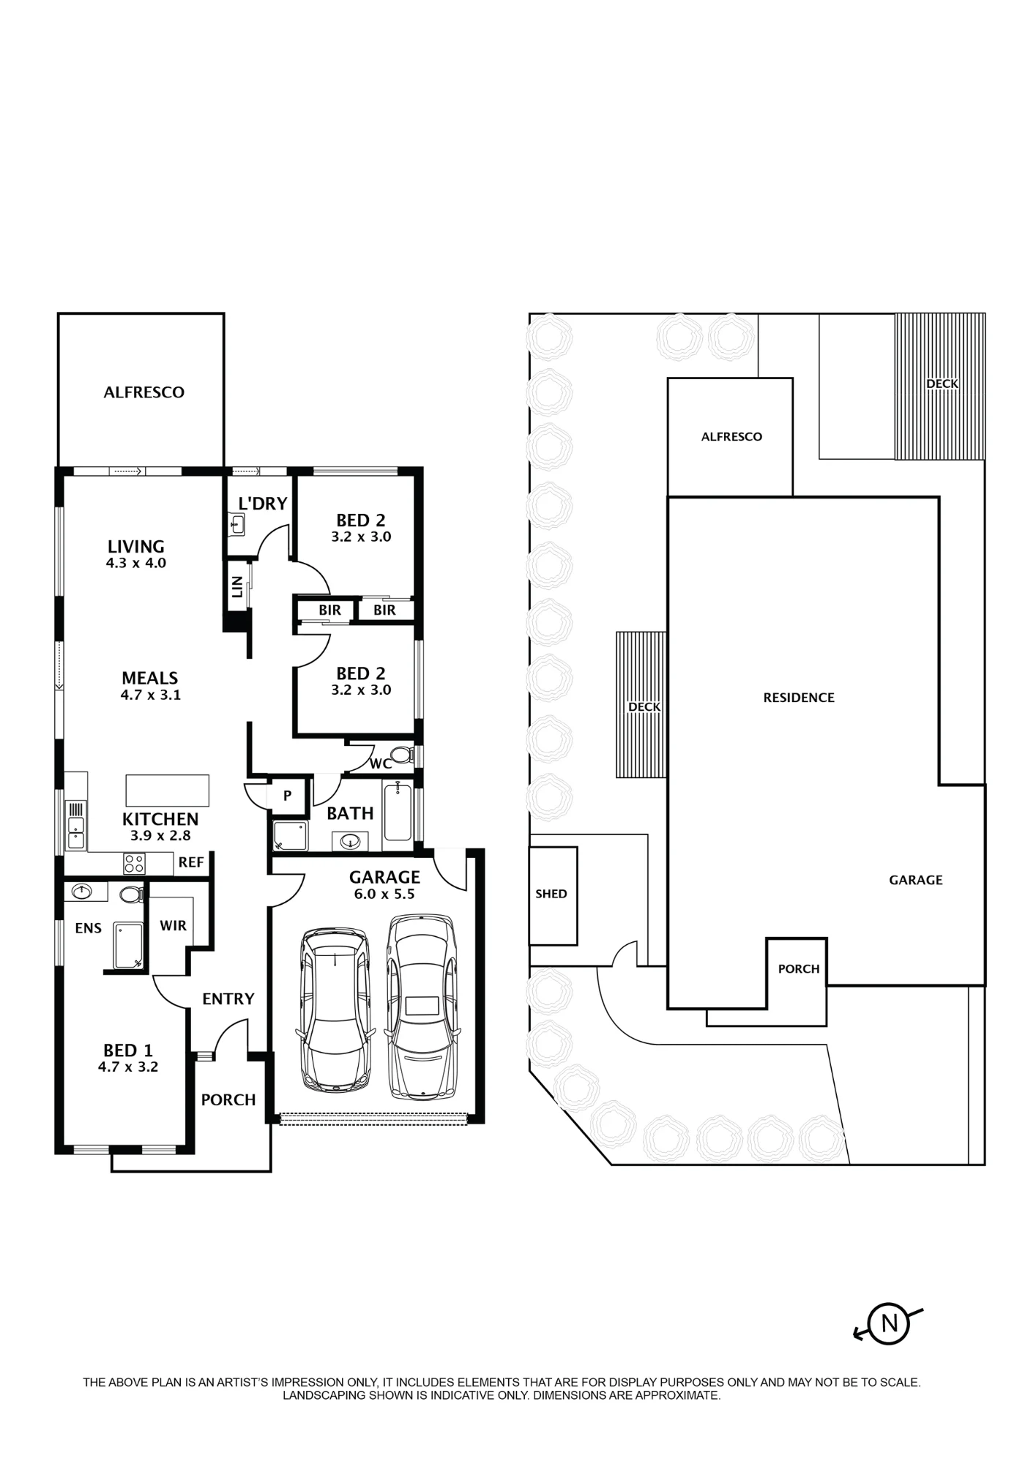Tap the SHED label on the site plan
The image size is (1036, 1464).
pos(551,894)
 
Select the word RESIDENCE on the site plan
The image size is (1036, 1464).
pos(799,698)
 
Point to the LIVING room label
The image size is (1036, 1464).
pos(136,546)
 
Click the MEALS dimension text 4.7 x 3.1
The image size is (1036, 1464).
pos(151,695)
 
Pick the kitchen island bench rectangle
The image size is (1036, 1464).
pos(168,790)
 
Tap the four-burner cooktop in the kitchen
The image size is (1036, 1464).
pos(134,864)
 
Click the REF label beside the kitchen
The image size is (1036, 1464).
pos(191,862)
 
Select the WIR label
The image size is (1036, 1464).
pos(174,925)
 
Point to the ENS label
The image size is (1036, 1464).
pos(89,928)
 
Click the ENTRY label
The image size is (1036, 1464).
pos(228,998)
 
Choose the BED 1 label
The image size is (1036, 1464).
pos(128,1050)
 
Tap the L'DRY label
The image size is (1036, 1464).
pos(263,504)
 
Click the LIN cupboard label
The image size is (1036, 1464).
pos(237,586)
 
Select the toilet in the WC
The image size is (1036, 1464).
pos(401,755)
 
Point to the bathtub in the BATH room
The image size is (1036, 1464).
pos(398,811)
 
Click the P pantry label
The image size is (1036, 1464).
pos(288,796)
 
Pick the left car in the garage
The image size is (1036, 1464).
pos(335,1011)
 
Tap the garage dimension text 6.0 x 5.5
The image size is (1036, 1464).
pos(384,894)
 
